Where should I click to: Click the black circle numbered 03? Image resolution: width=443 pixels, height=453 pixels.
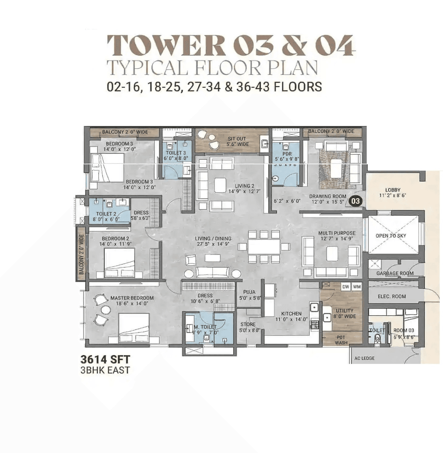355,201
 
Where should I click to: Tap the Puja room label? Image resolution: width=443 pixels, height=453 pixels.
249,292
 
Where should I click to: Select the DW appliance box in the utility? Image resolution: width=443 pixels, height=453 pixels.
345,287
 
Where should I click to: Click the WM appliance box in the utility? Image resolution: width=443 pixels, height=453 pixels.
357,287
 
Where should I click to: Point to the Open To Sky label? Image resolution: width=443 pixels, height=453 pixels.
391,236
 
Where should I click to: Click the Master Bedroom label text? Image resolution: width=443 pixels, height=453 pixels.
132,298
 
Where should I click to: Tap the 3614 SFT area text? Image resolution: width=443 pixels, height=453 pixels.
105,359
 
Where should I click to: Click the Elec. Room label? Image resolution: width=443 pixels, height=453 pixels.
391,296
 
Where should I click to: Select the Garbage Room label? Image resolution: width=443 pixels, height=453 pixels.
395,273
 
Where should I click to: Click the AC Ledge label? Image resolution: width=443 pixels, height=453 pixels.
364,358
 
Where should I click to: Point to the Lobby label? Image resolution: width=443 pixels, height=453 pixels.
392,190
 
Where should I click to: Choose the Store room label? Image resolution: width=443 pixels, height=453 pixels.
248,325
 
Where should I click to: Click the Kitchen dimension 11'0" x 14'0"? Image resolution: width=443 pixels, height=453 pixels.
291,319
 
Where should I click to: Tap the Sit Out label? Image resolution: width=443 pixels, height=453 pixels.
237,139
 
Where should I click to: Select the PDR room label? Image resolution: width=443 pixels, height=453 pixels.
287,154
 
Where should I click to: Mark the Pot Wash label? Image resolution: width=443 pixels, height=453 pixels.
341,340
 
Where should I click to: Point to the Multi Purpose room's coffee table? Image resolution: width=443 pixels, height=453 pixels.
332,254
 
